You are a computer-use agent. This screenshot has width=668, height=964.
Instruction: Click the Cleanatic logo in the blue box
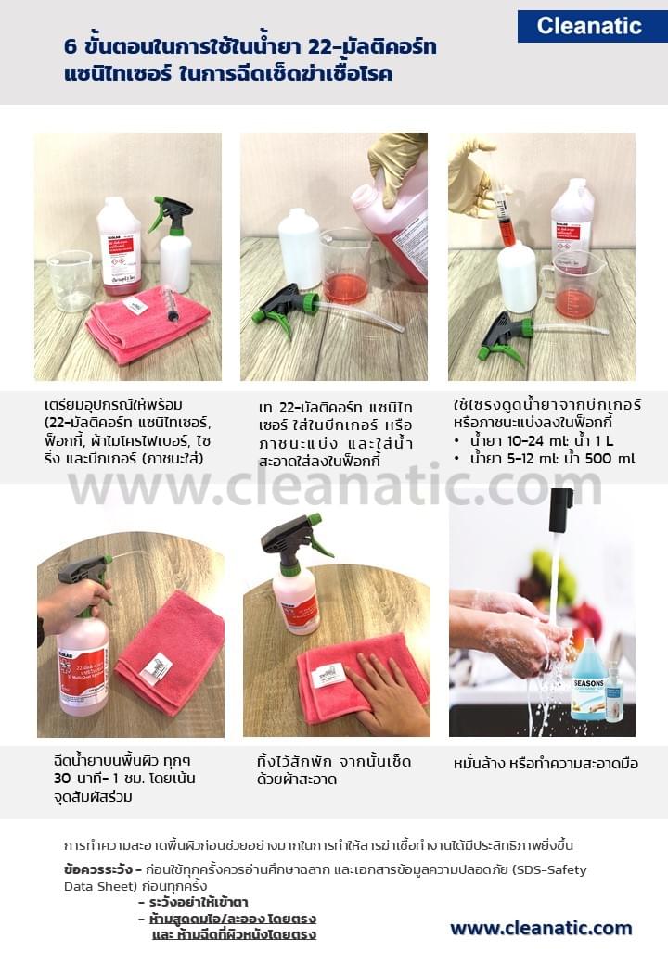point(590,26)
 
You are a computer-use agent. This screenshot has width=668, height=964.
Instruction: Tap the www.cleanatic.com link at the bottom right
point(541,928)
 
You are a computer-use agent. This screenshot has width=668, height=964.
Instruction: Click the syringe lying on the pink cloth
point(172,303)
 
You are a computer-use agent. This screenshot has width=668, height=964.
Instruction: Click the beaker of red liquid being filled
point(345,268)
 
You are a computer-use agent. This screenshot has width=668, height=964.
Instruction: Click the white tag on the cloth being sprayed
point(156,666)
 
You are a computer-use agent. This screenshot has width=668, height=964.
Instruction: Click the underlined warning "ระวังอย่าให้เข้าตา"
point(199,902)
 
